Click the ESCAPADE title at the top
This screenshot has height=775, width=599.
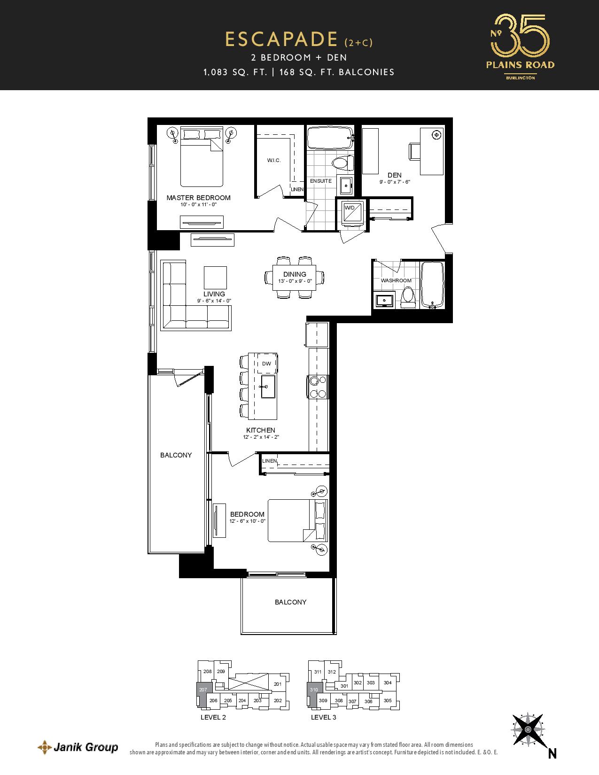(281, 39)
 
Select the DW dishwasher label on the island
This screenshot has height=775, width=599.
(266, 364)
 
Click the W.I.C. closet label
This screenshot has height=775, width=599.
(274, 160)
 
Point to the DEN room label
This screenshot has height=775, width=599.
(395, 175)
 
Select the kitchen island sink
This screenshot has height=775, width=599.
(268, 386)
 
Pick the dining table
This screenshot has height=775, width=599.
(295, 278)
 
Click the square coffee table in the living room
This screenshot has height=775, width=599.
(215, 278)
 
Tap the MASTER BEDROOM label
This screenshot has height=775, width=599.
(198, 198)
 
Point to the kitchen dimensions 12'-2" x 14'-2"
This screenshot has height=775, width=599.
(261, 437)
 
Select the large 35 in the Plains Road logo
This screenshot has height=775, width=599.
(522, 36)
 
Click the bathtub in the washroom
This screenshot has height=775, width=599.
(432, 285)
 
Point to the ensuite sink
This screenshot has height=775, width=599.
(346, 186)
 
